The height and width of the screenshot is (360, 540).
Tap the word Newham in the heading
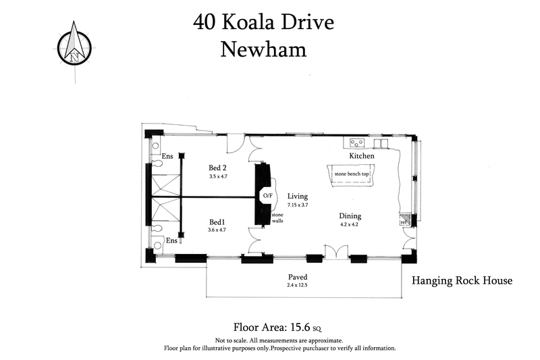(264, 49)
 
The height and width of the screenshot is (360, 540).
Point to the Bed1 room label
(217, 222)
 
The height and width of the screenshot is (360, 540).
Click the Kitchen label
(361, 156)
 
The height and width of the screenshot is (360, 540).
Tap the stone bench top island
(351, 174)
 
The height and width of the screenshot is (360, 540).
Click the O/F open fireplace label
(267, 196)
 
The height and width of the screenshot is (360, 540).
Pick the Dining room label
(350, 216)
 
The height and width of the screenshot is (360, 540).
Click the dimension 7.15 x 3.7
(298, 205)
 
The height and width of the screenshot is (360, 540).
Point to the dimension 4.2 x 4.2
(350, 226)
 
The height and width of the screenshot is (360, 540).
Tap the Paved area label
(298, 277)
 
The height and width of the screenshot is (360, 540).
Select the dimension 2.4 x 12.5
(298, 286)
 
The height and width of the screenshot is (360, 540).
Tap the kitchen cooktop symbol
(357, 143)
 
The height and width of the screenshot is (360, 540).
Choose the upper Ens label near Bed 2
(167, 157)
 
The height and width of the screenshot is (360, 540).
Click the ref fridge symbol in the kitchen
(404, 221)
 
